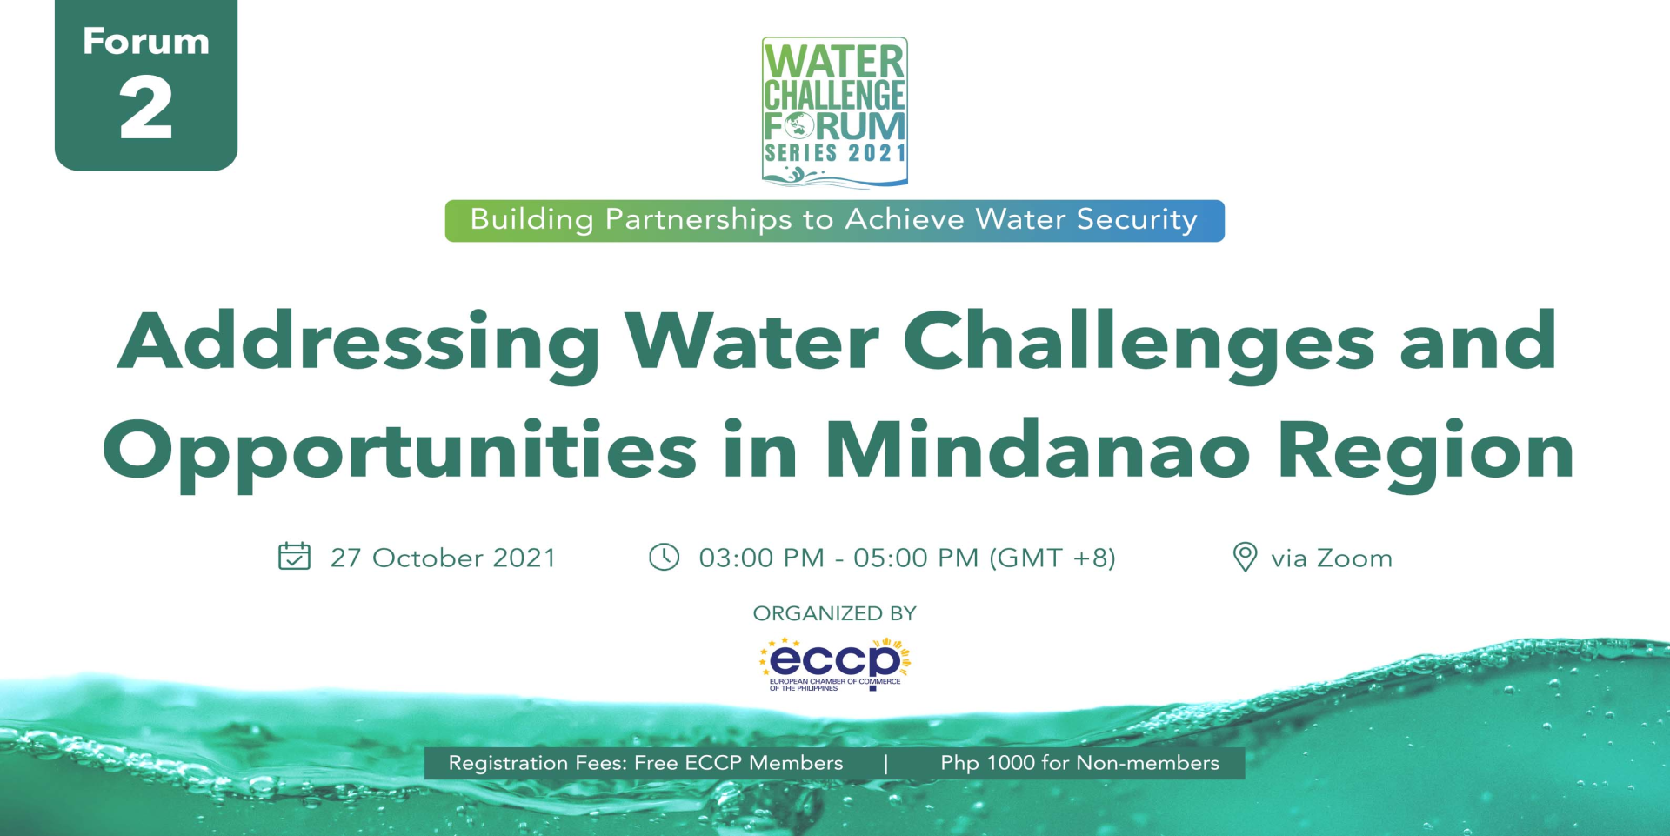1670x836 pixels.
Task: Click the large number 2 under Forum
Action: click(146, 107)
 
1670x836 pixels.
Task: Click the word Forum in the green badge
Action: click(146, 42)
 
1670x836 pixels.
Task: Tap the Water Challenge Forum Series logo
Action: click(835, 111)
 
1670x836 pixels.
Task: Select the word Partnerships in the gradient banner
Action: click(698, 219)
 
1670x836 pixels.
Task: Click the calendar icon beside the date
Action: click(294, 556)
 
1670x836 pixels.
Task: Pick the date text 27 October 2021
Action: click(443, 558)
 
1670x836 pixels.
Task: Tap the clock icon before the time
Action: click(665, 557)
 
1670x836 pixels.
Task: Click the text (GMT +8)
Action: click(1052, 558)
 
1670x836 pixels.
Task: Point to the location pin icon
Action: click(1246, 557)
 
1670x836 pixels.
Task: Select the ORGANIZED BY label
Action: click(835, 613)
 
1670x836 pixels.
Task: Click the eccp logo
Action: click(835, 665)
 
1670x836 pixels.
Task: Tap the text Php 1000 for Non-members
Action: click(1079, 763)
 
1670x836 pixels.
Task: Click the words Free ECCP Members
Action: click(738, 763)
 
